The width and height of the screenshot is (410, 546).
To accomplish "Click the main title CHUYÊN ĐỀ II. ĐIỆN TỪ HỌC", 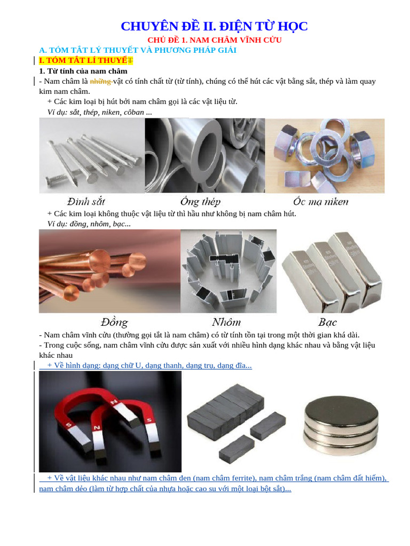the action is (214, 27).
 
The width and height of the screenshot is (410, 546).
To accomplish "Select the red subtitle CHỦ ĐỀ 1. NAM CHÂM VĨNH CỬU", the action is (215, 40).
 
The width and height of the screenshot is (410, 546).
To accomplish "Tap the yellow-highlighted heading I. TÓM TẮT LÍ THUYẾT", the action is (86, 60).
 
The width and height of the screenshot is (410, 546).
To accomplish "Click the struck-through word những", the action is (100, 82).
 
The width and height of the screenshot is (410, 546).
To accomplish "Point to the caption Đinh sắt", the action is (86, 202).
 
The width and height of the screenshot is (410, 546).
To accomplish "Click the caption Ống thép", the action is (201, 202).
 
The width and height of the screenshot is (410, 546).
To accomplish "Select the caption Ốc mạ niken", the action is (321, 202).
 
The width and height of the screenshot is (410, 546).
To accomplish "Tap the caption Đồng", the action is (114, 323).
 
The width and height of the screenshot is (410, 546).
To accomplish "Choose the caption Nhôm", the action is (226, 322).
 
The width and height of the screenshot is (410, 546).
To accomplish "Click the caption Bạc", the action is (327, 323).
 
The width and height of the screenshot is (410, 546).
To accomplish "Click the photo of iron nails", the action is (92, 156).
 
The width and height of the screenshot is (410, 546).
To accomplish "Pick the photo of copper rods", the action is (109, 271).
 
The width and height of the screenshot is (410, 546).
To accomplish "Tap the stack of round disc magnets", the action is (341, 425).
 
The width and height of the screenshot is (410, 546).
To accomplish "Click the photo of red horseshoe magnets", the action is (110, 422).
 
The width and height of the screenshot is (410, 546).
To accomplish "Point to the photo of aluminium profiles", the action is (228, 271).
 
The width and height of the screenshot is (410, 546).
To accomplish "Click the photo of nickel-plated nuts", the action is (325, 156).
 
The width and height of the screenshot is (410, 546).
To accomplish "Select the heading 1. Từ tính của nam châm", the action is (83, 71).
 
